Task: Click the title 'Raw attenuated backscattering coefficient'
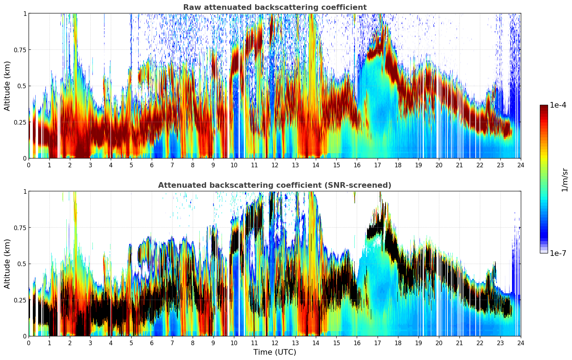click(x=275, y=7)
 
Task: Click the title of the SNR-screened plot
click(x=275, y=185)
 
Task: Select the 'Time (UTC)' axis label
click(x=275, y=352)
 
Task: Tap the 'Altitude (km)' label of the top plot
click(x=7, y=86)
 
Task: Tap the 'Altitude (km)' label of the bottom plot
click(x=7, y=264)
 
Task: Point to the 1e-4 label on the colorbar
click(x=558, y=105)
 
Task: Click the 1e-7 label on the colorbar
click(x=558, y=253)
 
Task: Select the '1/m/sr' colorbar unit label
click(x=565, y=180)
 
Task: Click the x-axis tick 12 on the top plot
click(x=275, y=165)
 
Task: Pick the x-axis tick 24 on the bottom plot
click(x=521, y=343)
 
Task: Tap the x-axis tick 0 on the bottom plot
click(x=29, y=343)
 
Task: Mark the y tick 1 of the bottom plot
click(x=25, y=191)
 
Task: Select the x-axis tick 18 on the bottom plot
click(x=398, y=343)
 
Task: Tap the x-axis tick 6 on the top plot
click(x=152, y=165)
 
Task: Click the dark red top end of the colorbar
click(x=544, y=107)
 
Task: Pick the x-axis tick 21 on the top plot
click(x=459, y=165)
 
